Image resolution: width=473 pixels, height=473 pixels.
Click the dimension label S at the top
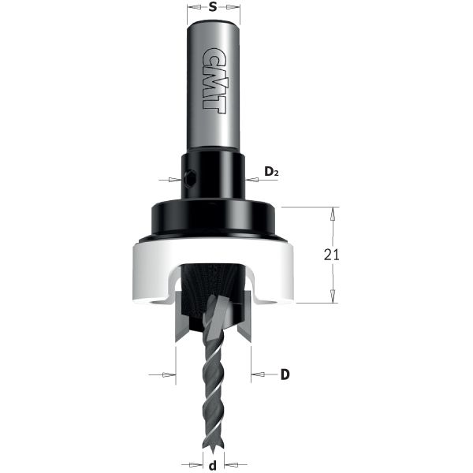[214, 9]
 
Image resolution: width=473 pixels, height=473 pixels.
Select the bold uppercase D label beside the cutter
[285, 374]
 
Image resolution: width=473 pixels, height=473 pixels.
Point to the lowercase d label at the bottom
[212, 464]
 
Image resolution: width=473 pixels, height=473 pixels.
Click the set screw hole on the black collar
[191, 178]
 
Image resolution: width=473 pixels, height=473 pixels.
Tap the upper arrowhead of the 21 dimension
[334, 212]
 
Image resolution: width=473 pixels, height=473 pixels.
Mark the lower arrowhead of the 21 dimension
[334, 297]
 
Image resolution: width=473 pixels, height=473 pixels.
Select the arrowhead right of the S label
[235, 9]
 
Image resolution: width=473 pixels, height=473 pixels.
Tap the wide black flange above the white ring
[212, 218]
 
